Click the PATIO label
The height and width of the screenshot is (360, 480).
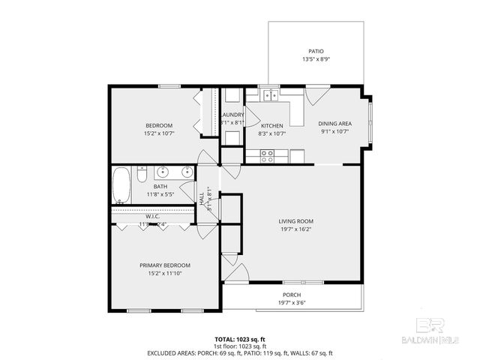[316, 51]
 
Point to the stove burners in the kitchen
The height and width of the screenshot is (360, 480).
[266, 155]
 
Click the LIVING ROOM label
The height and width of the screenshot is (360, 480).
[295, 221]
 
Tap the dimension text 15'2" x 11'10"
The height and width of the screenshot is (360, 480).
[165, 274]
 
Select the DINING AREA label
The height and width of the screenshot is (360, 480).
[334, 124]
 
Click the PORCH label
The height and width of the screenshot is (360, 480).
[292, 295]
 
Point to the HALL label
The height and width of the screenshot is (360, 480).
[202, 198]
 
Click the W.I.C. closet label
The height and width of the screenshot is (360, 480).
[152, 217]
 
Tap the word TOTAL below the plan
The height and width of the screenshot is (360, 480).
[226, 339]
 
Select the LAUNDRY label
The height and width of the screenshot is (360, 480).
[232, 115]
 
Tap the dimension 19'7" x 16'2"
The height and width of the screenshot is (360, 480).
[295, 229]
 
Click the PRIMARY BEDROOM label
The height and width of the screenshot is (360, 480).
[165, 265]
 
